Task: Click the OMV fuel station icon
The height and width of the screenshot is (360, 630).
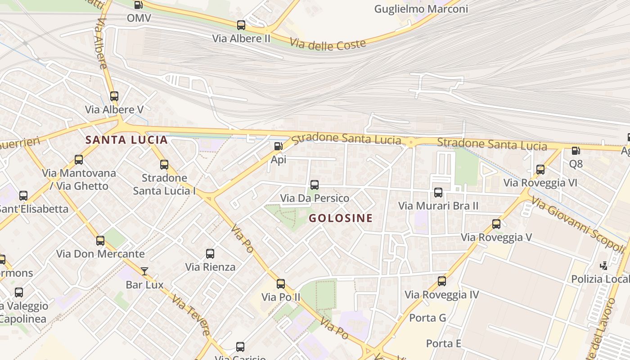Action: pyautogui.click(x=139, y=5)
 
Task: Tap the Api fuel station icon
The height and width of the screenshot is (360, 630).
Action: pyautogui.click(x=279, y=146)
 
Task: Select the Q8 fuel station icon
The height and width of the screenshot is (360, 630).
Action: pyautogui.click(x=575, y=151)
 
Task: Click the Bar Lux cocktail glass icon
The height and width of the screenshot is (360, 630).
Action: pyautogui.click(x=144, y=271)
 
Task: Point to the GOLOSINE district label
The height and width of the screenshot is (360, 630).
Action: pyautogui.click(x=341, y=218)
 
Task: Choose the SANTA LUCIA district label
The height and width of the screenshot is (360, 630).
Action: pyautogui.click(x=126, y=140)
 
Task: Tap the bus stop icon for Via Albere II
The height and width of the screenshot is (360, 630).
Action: pyautogui.click(x=241, y=25)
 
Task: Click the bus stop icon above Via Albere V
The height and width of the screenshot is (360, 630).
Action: pyautogui.click(x=114, y=96)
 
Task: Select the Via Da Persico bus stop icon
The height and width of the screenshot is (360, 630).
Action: pyautogui.click(x=315, y=184)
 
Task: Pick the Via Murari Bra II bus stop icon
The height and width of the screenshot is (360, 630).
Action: pyautogui.click(x=438, y=193)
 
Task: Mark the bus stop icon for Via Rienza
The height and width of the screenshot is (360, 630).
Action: pyautogui.click(x=210, y=253)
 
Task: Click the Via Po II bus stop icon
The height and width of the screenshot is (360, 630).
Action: pyautogui.click(x=281, y=283)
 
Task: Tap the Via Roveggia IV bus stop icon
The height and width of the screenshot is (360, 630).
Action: pyautogui.click(x=442, y=281)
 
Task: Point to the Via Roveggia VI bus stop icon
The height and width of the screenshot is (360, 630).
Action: pyautogui.click(x=540, y=170)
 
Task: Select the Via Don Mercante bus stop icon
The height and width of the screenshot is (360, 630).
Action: pyautogui.click(x=100, y=240)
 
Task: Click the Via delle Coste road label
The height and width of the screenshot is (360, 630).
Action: pyautogui.click(x=328, y=44)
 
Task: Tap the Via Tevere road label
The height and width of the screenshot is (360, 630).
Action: pyautogui.click(x=191, y=315)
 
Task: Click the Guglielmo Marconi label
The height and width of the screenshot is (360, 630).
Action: pyautogui.click(x=421, y=9)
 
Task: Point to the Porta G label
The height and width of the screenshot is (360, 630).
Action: pyautogui.click(x=427, y=318)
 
